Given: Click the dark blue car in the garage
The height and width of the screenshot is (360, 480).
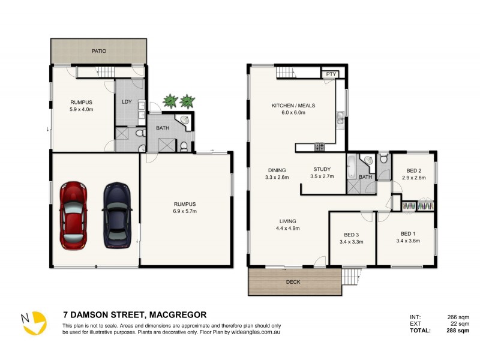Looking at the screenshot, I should (116, 215).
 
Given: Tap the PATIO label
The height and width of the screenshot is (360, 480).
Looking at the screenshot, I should (99, 52).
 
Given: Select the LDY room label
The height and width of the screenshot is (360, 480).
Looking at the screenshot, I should (127, 101).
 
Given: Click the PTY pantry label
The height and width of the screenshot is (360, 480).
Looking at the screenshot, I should (331, 74).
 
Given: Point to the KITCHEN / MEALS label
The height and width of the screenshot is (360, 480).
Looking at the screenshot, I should (293, 106).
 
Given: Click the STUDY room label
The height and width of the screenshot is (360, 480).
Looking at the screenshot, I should (322, 169).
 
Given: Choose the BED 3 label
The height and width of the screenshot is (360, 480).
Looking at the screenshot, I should (353, 235).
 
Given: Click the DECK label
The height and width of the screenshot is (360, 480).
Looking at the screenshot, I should (293, 281).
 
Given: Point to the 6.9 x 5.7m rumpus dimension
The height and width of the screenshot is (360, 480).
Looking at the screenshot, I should (185, 211).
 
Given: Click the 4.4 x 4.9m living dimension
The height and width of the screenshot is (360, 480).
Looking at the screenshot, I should (287, 228).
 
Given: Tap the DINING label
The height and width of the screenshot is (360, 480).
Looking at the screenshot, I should (277, 170).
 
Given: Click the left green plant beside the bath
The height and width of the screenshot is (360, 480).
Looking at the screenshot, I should (172, 100).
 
